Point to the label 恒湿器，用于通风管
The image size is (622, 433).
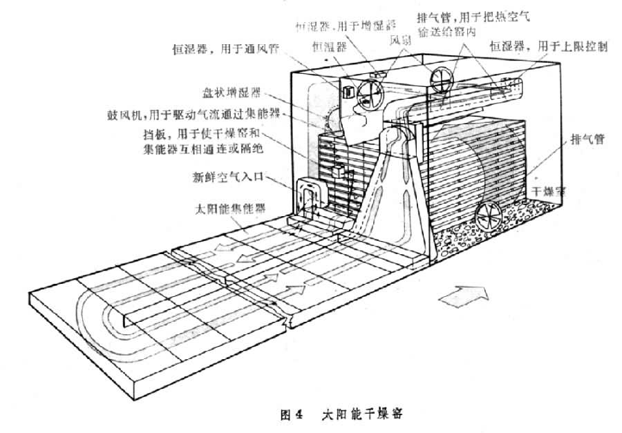coord(214,49)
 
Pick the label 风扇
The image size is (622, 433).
coord(402,41)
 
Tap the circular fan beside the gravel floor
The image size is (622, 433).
coord(490,215)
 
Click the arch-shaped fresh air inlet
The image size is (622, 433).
coord(307,197)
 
